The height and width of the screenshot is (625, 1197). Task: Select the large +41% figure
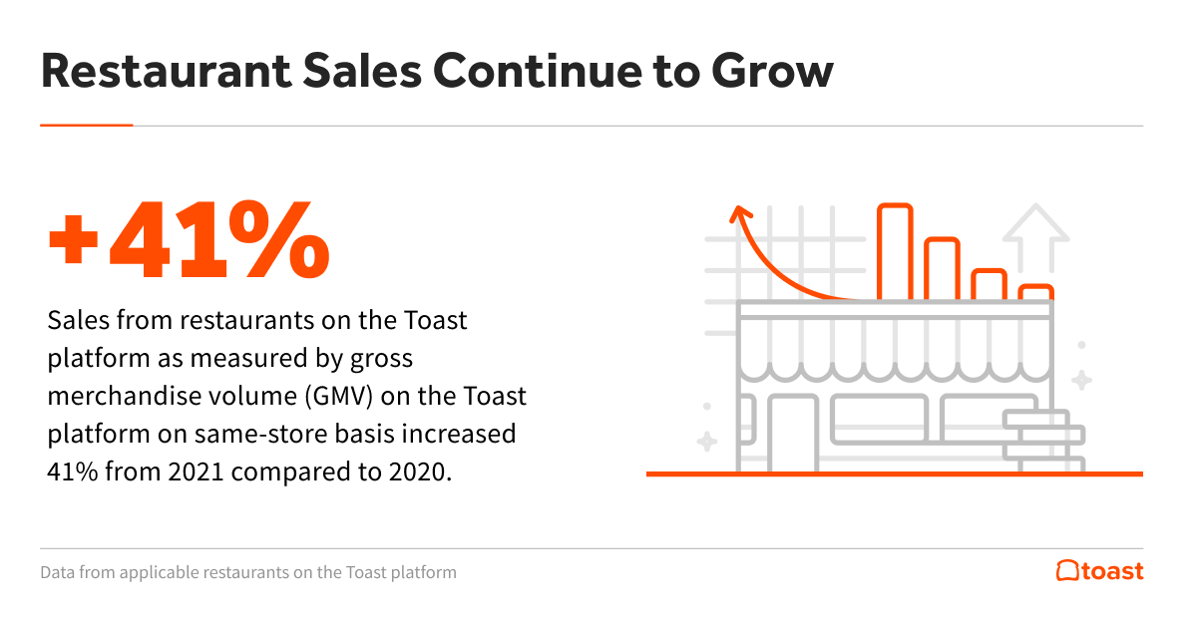(189, 242)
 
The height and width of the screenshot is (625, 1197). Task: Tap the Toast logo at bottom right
(1099, 571)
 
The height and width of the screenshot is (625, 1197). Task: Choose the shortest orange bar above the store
(1037, 292)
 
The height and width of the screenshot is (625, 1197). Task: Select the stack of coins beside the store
(1042, 442)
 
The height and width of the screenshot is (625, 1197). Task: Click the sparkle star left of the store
(706, 441)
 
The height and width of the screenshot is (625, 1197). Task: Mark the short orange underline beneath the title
(87, 126)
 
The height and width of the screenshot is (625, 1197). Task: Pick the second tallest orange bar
(942, 268)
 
